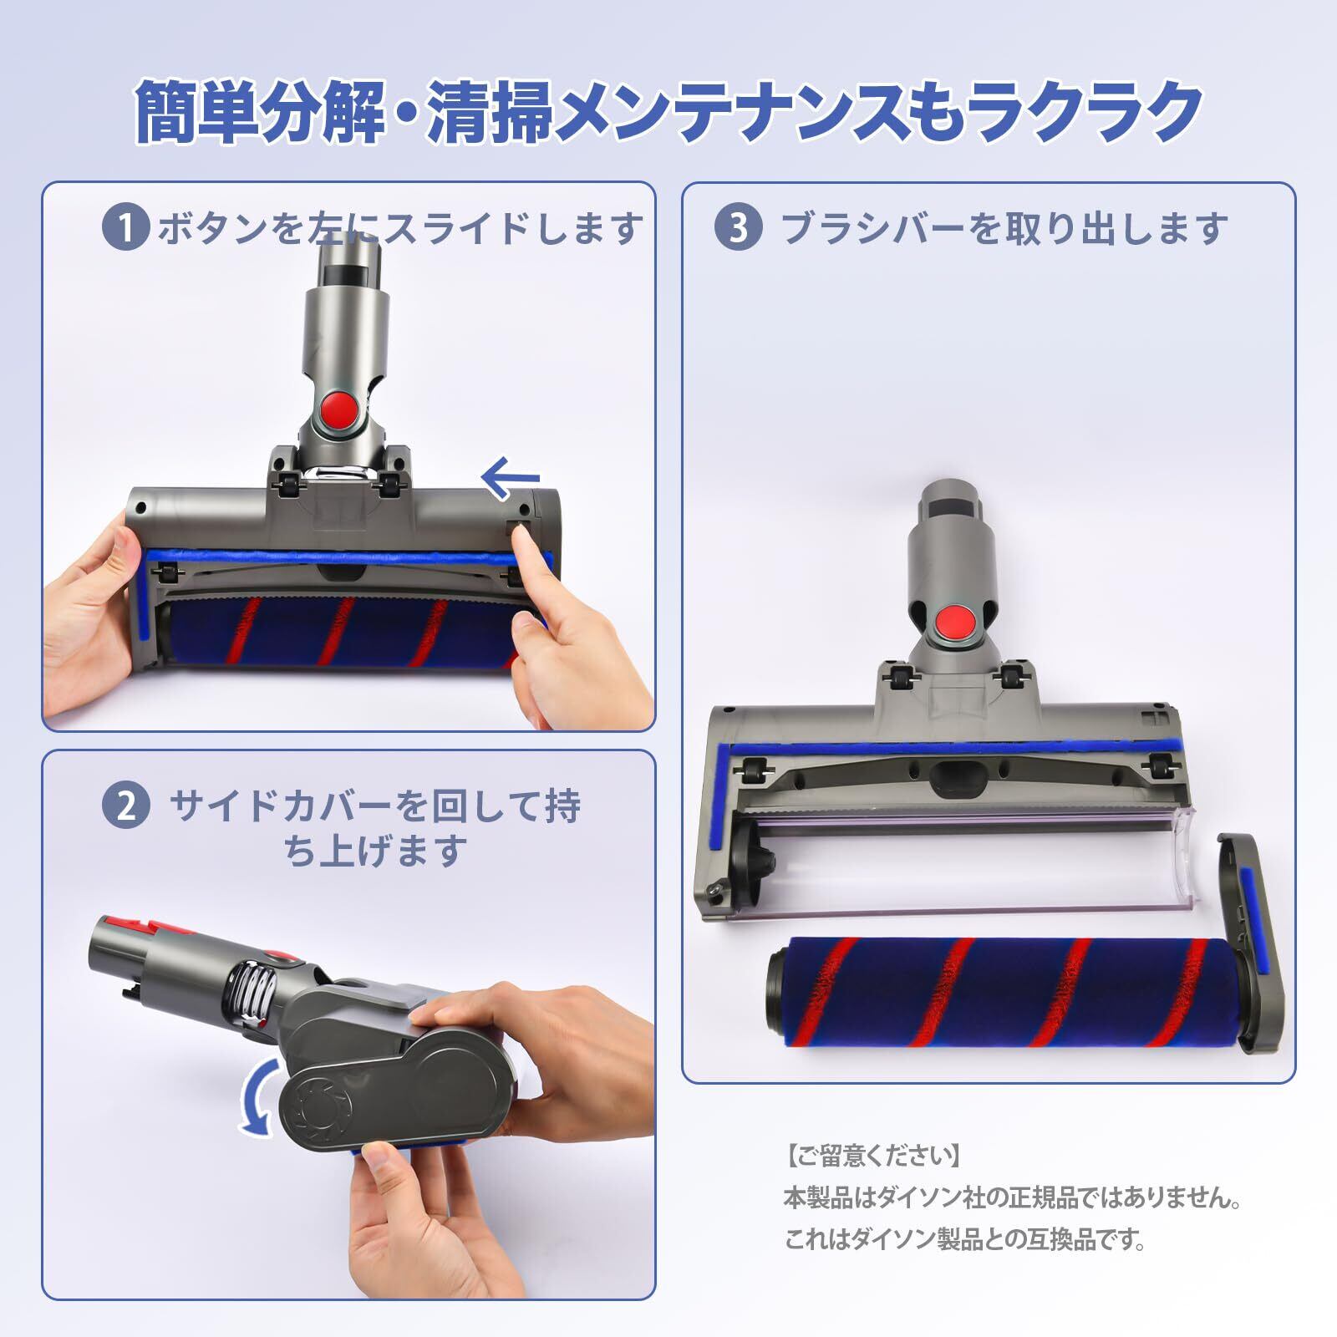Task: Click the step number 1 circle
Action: click(x=126, y=227)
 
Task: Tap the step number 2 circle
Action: click(x=126, y=806)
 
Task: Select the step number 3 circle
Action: click(x=739, y=227)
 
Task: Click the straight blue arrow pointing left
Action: click(x=511, y=478)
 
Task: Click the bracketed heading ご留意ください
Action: click(x=872, y=1157)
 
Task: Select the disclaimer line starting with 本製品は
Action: click(x=1011, y=1198)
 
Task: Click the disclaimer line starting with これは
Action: click(x=964, y=1239)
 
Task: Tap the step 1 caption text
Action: click(x=401, y=227)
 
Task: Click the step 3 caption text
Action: click(x=1004, y=227)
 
